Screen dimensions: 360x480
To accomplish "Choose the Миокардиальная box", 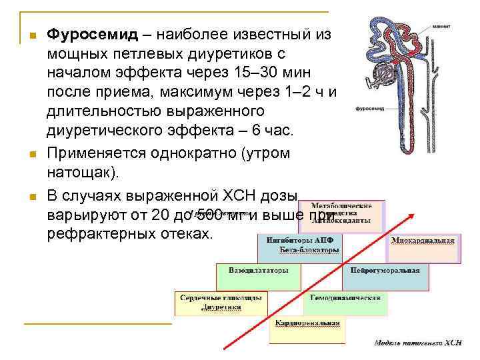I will coord(422,246).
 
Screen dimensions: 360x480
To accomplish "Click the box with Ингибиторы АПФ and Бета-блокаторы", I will coord(300,246).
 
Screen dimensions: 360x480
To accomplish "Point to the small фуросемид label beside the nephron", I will coord(369,107).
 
